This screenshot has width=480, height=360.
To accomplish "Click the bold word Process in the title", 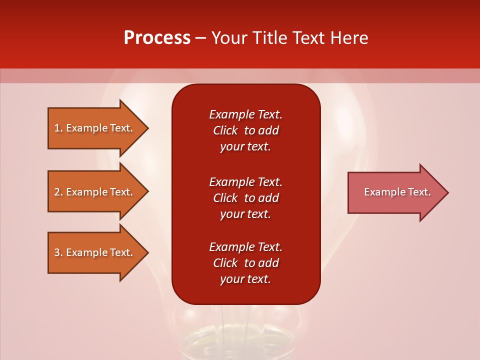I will (x=157, y=38).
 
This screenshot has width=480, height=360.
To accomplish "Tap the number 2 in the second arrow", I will (x=57, y=192).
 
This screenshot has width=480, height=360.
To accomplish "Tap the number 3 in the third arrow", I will (x=57, y=252).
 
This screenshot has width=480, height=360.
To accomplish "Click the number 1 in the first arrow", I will (x=57, y=128).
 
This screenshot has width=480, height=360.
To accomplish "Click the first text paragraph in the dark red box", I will (x=245, y=130).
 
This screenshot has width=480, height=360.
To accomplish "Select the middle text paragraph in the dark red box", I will (x=245, y=198).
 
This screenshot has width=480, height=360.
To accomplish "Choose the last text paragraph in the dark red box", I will (x=245, y=263).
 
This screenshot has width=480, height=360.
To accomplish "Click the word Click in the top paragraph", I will (x=225, y=130).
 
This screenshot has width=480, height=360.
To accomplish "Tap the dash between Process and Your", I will (x=200, y=38).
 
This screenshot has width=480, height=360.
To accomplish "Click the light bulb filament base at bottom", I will (x=245, y=340).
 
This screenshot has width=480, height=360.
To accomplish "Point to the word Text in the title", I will (x=306, y=38).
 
